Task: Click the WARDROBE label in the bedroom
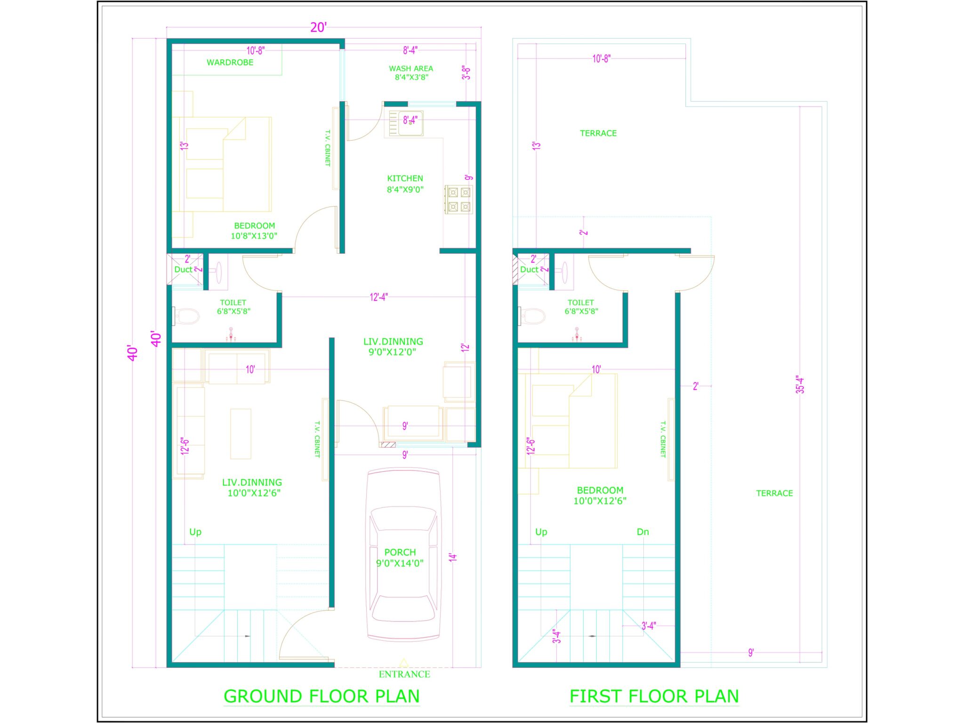(230, 63)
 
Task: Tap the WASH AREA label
(411, 69)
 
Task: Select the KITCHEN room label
(405, 178)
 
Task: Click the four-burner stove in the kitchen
(459, 200)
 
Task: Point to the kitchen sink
(410, 123)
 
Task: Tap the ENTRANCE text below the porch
(404, 674)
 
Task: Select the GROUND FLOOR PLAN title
(321, 696)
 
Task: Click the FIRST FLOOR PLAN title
(654, 696)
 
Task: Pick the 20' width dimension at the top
(318, 27)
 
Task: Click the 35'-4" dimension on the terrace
(800, 385)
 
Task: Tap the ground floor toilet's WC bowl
(187, 316)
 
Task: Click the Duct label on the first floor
(529, 270)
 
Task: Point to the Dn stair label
(643, 532)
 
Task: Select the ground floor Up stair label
(195, 532)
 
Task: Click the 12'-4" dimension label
(379, 297)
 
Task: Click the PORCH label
(400, 552)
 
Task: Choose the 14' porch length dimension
(453, 558)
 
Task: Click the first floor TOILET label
(581, 303)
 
